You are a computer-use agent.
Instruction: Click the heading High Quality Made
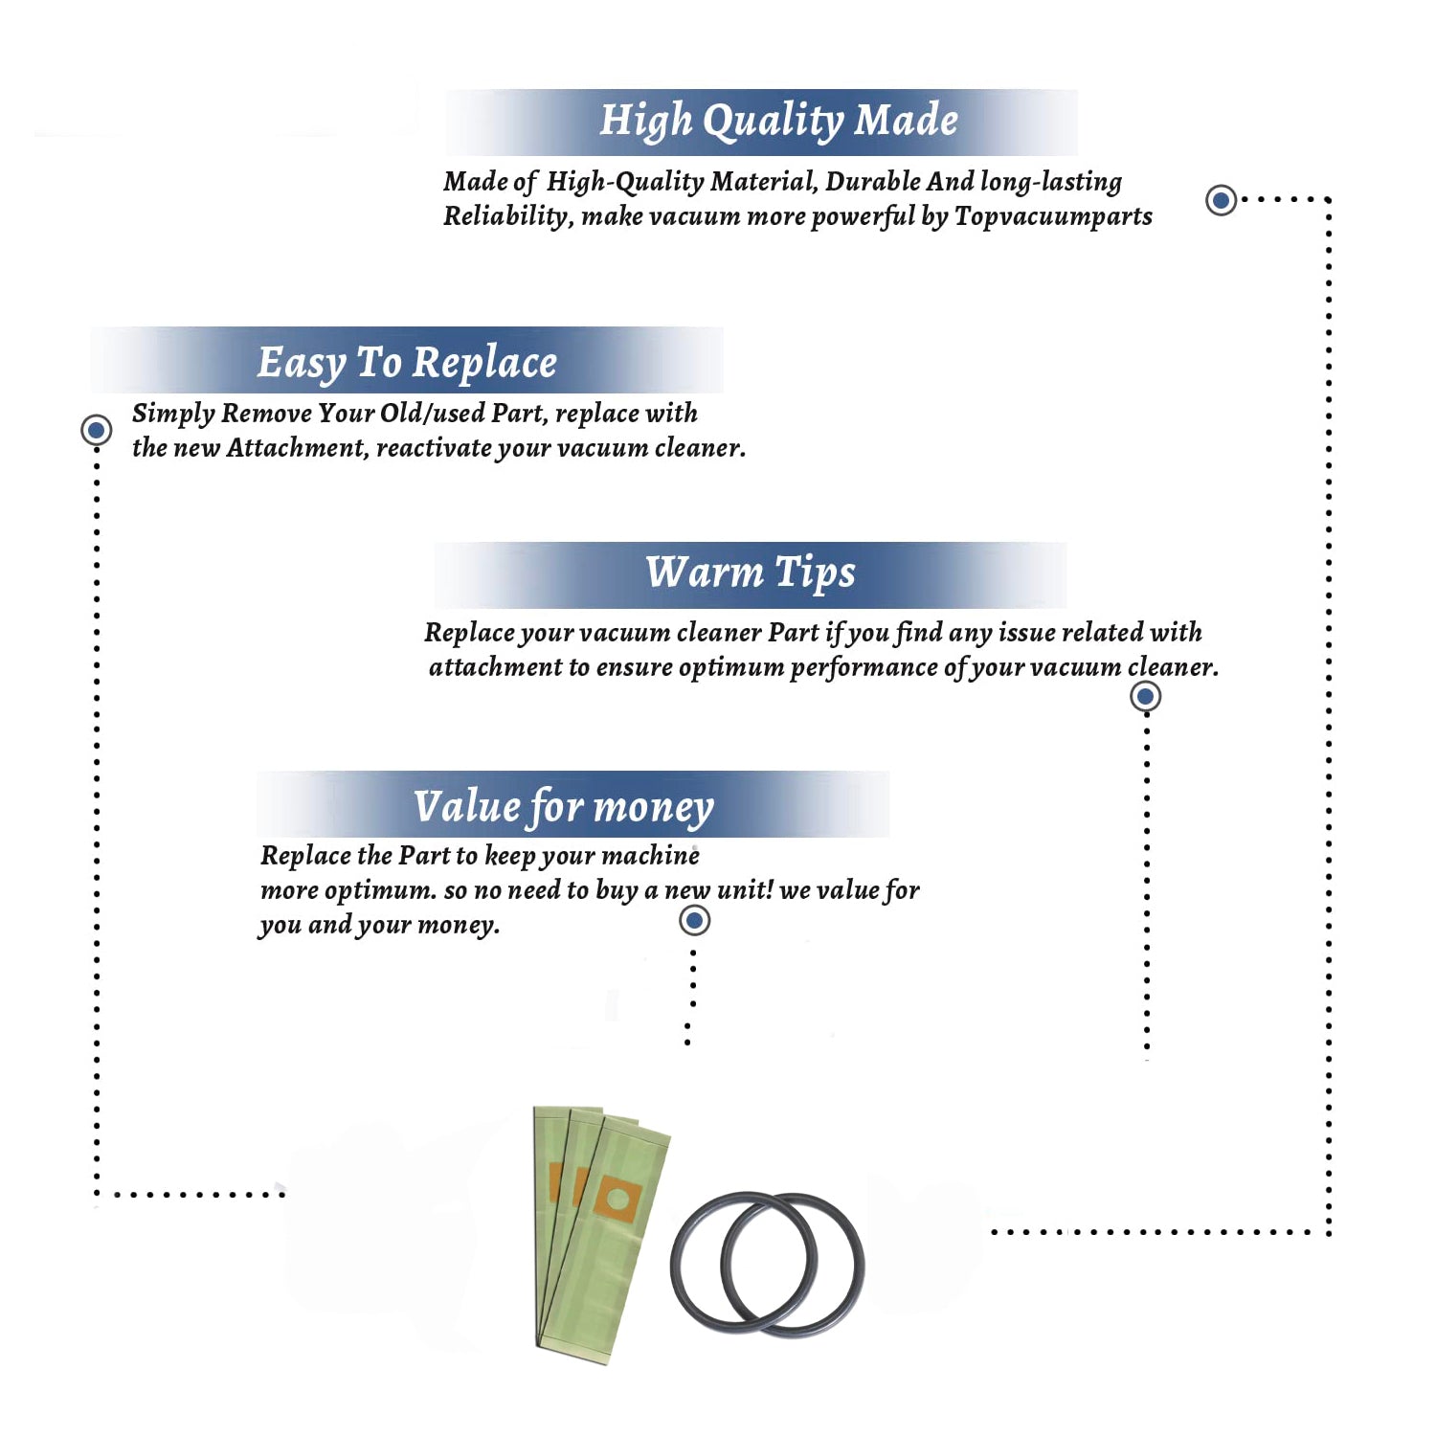point(778,122)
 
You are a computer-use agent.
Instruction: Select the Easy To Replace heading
point(407,364)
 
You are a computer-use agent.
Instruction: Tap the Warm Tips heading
point(750,573)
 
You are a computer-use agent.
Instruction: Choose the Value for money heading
point(564,807)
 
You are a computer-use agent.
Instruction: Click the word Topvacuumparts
point(1053,217)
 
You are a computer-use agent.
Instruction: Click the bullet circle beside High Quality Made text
point(1221,200)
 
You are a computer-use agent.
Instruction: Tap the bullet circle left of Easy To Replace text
point(96,430)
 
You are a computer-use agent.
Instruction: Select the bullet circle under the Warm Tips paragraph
point(1145,696)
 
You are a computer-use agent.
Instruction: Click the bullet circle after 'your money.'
point(694,921)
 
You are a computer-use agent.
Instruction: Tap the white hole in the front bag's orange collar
point(617,1200)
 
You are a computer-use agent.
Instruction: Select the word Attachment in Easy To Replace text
point(298,448)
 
